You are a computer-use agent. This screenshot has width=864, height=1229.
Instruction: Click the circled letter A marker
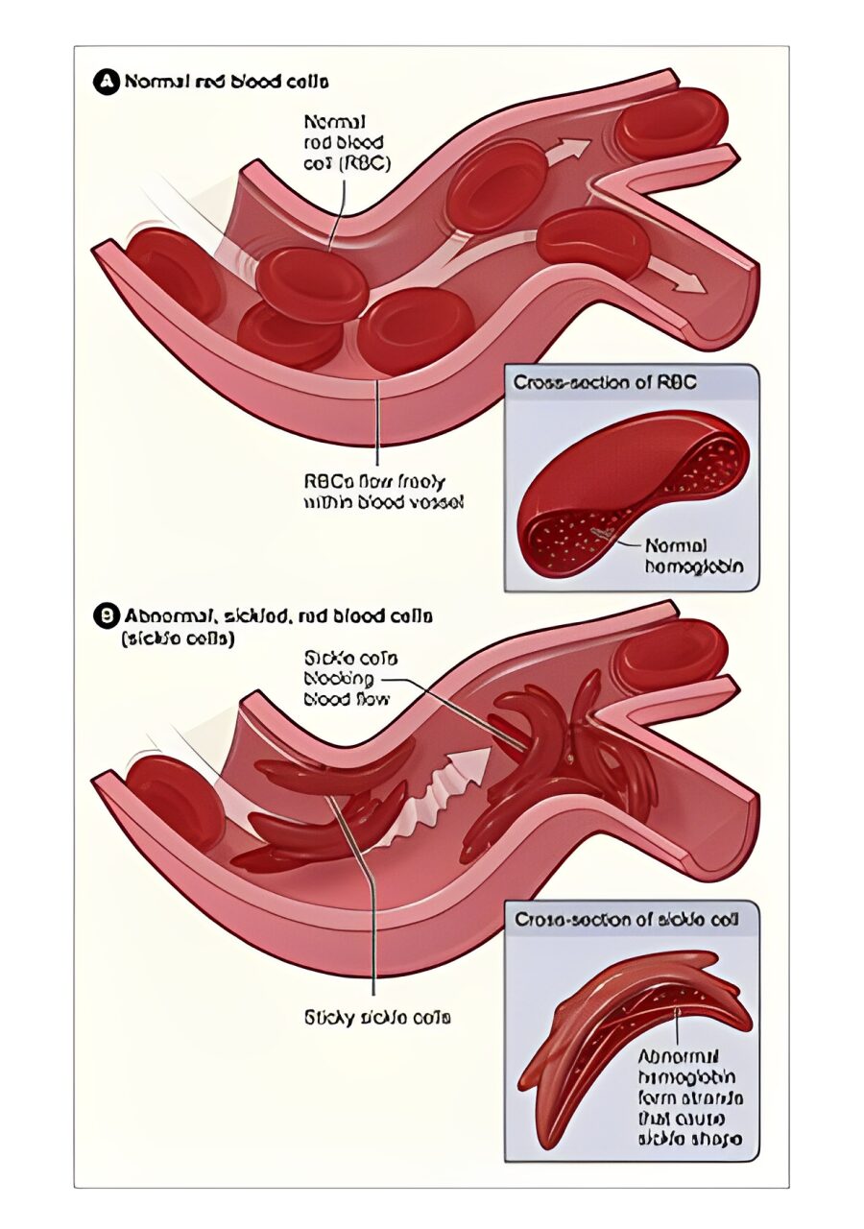click(x=107, y=83)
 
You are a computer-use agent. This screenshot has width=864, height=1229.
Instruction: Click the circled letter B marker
click(x=107, y=615)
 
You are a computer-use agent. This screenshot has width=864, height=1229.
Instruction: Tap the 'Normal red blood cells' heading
click(x=225, y=83)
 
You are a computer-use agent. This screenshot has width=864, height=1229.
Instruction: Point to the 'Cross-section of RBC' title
click(x=605, y=382)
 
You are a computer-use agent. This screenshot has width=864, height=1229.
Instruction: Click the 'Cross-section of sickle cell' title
click(x=624, y=920)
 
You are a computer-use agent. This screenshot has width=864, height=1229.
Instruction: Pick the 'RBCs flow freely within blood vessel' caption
click(x=383, y=491)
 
